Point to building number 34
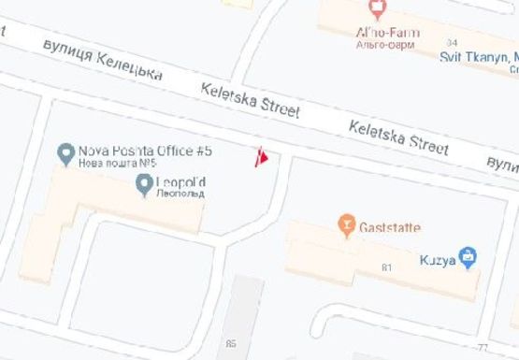tap(453, 43)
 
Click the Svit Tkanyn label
tap(479, 57)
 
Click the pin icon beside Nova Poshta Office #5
tap(65, 151)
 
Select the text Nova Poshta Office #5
tap(146, 151)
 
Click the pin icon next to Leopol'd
tap(144, 184)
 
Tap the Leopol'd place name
tap(182, 181)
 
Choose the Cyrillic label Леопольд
tap(181, 194)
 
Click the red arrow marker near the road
tap(263, 158)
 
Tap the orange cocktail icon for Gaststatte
tap(346, 226)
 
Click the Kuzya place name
tap(439, 260)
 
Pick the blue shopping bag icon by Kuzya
tap(469, 257)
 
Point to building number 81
tap(386, 268)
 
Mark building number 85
tap(231, 343)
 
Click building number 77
tap(483, 347)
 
